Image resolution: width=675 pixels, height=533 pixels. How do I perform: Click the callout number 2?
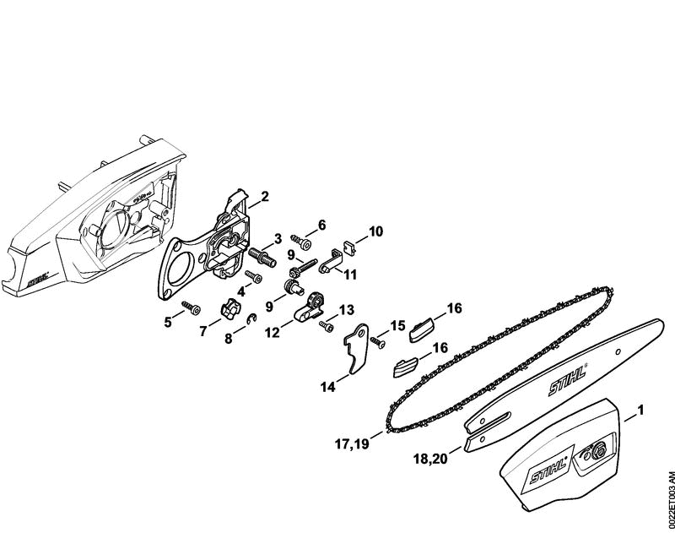[x=265, y=197]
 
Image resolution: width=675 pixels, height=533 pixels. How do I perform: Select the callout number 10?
[x=375, y=231]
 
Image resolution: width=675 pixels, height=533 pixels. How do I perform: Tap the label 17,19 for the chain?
[x=352, y=443]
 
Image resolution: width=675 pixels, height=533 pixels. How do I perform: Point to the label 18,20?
[x=430, y=459]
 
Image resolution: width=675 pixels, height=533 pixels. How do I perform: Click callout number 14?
[x=328, y=387]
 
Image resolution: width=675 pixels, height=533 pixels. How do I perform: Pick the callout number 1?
[x=640, y=410]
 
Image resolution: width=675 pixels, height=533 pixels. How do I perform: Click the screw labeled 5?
[x=192, y=307]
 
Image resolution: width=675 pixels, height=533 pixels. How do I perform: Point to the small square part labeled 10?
[x=351, y=247]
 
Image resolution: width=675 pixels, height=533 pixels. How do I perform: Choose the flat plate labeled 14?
[x=357, y=349]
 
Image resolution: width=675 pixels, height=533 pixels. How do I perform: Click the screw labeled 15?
[x=377, y=342]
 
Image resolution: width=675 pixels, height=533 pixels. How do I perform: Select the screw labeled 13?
[x=327, y=326]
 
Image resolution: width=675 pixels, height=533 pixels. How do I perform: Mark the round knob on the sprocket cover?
[x=597, y=451]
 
